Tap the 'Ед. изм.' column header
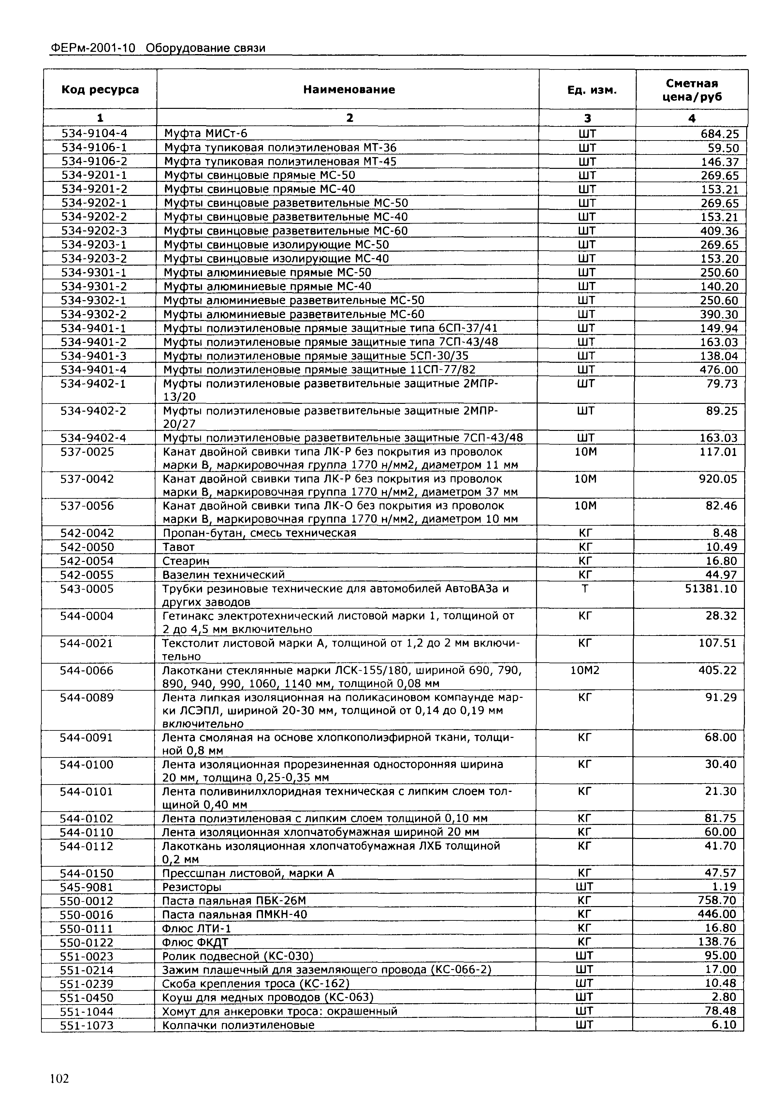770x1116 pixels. pos(587,90)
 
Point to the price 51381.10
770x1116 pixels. pos(711,589)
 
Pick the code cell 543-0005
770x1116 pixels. pos(87,589)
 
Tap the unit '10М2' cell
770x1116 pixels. pos(585,670)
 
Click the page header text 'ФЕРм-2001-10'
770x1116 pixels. pos(93,48)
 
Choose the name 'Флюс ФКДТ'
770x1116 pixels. pos(195,942)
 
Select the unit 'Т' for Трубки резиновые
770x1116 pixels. pos(585,589)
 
